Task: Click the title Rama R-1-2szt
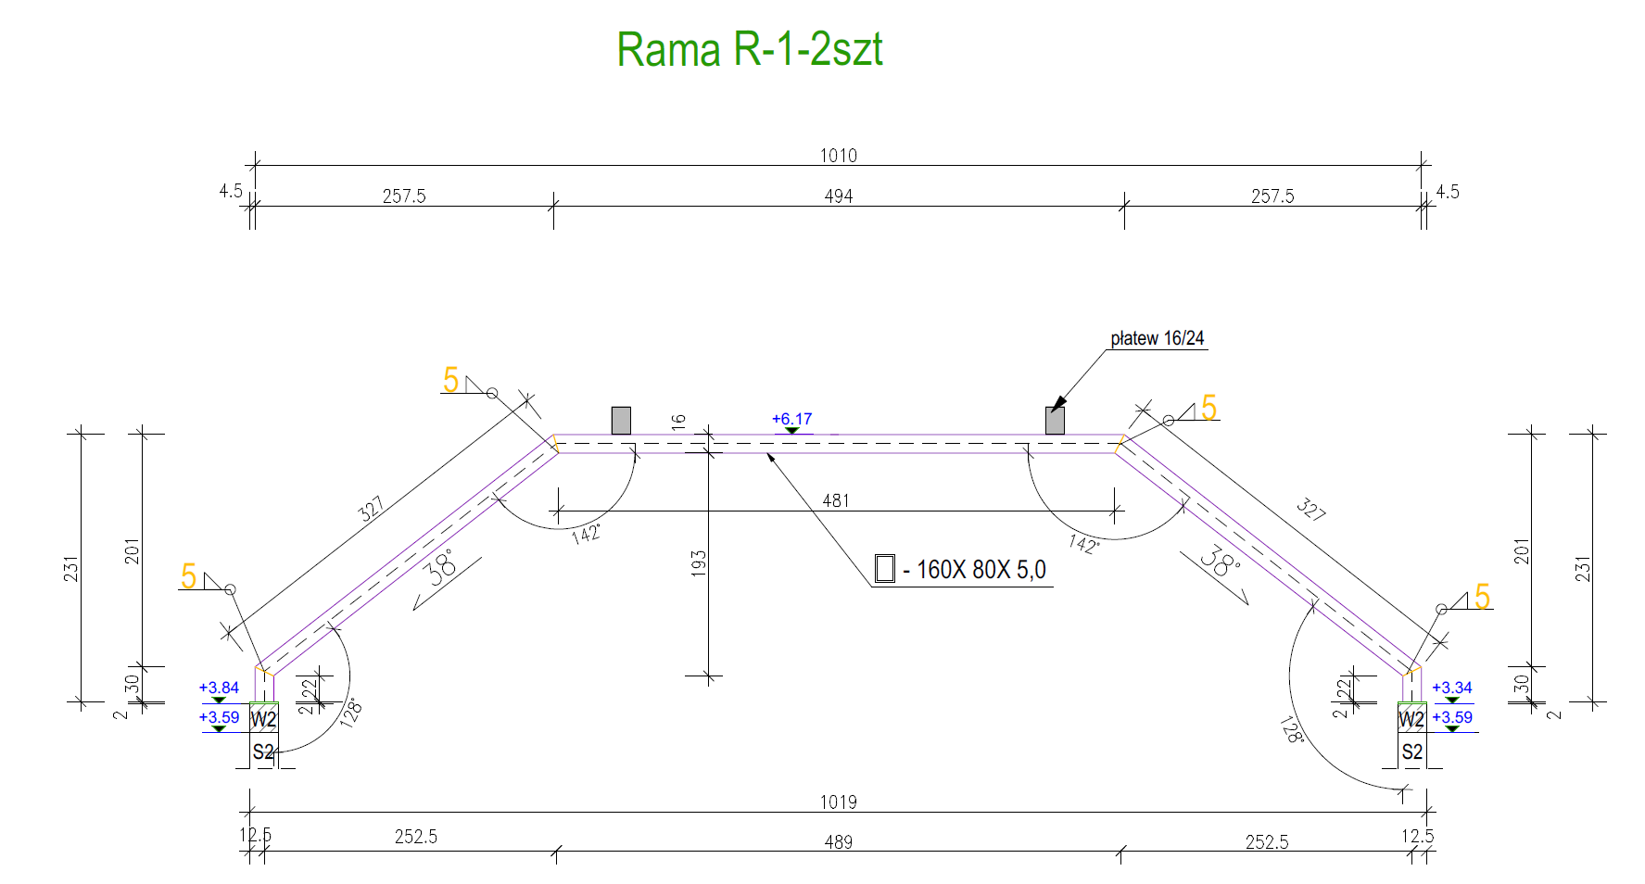[x=749, y=49]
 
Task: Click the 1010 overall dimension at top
[x=838, y=156]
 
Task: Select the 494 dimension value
[x=838, y=196]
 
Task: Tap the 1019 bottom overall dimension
[x=838, y=802]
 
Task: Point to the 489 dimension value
[x=838, y=842]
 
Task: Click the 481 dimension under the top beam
[x=836, y=500]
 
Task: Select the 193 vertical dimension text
[x=699, y=563]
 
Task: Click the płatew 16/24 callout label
[x=1157, y=339]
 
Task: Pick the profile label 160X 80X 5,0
[x=981, y=570]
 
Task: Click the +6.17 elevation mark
[x=791, y=419]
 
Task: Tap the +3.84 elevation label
[x=219, y=688]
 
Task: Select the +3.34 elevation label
[x=1451, y=688]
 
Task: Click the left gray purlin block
[x=621, y=421]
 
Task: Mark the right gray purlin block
[x=1055, y=421]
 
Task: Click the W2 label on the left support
[x=263, y=719]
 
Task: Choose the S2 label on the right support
[x=1411, y=751]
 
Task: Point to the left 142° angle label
[x=587, y=534]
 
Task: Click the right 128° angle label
[x=1291, y=729]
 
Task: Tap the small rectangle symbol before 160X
[x=885, y=568]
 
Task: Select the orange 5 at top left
[x=450, y=380]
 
